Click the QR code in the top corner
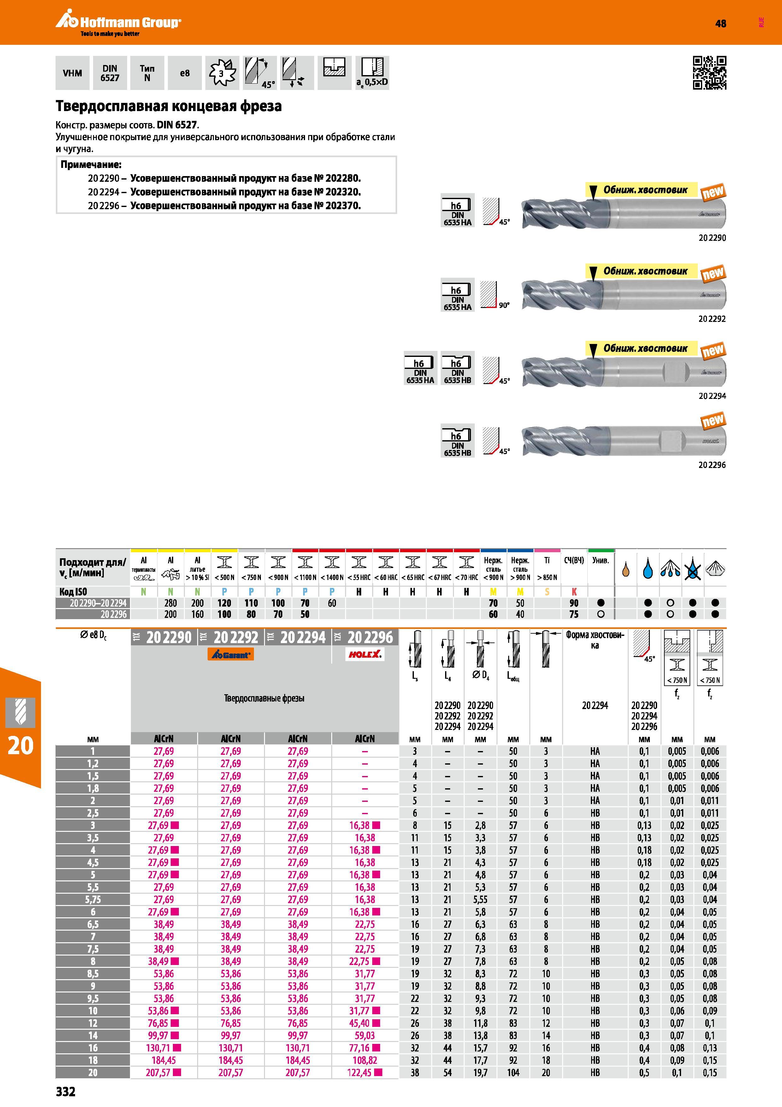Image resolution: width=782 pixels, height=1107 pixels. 709,73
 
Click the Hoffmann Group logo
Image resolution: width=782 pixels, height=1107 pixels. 118,24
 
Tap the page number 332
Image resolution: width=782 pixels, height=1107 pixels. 66,1092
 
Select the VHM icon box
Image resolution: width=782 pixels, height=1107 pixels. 72,73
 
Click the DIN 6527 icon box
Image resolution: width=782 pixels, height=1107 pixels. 110,73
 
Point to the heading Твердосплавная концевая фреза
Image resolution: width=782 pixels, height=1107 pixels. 169,106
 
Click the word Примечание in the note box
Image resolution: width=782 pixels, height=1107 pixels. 91,164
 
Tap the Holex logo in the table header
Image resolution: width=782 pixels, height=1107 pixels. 365,654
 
